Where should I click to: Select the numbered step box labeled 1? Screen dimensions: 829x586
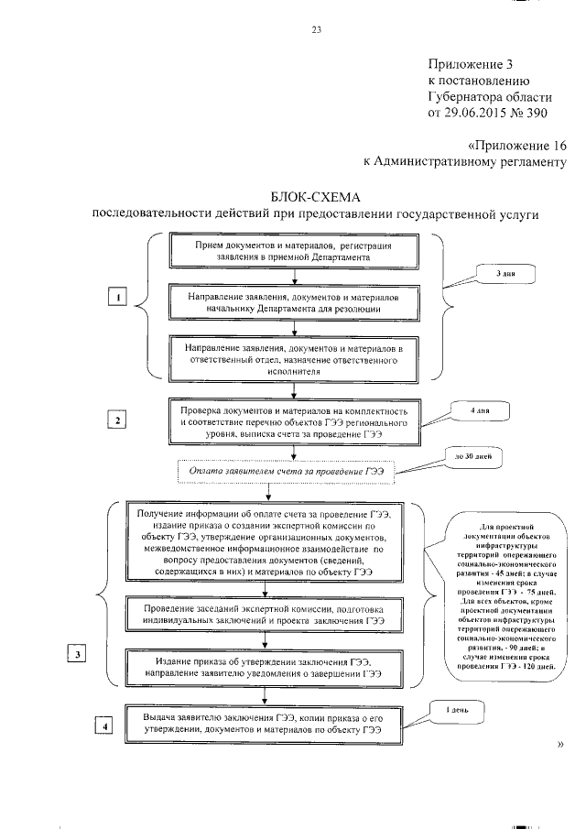point(117,297)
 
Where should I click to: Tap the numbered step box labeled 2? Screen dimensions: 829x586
point(117,420)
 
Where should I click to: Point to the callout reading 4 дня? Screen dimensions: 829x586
point(480,411)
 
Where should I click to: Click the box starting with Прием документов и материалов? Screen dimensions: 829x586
point(294,253)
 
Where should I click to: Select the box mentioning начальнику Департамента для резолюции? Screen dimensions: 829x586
point(294,303)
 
